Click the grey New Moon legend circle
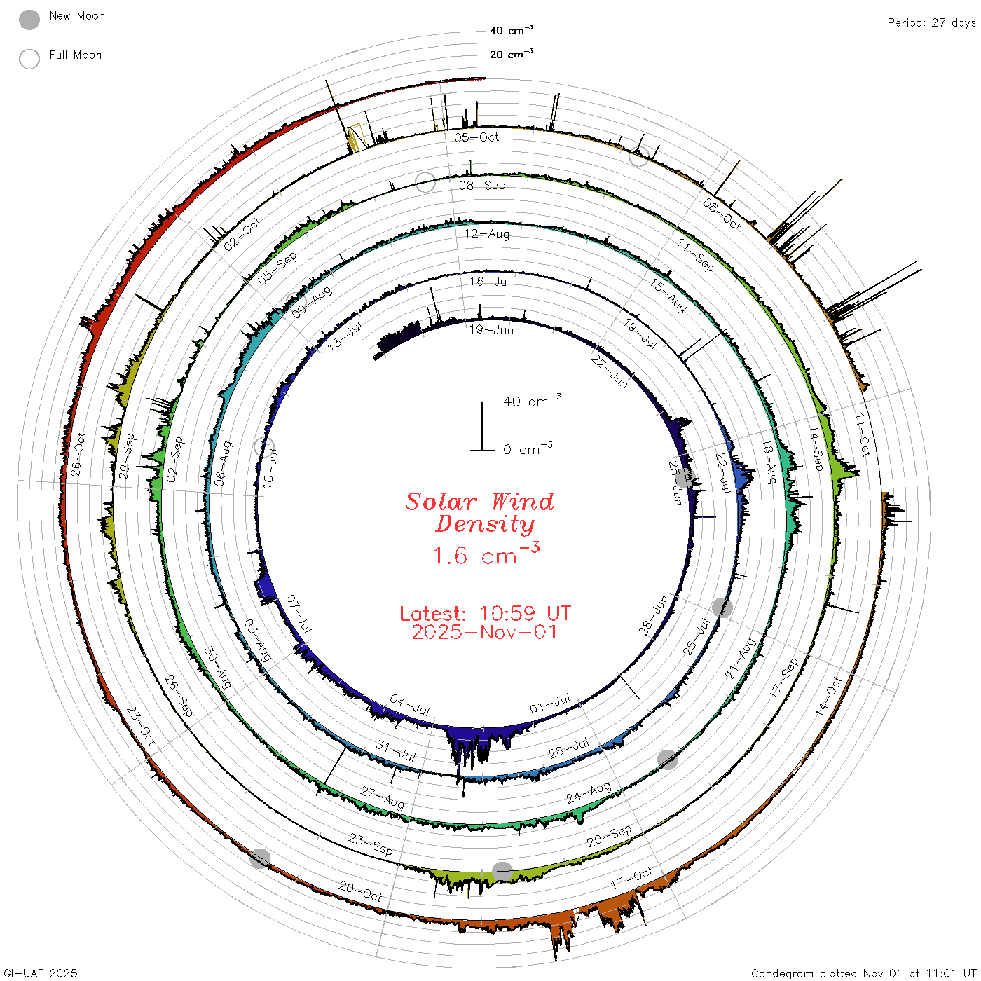[x=29, y=20]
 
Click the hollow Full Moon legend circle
[x=29, y=59]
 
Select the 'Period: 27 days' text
[x=931, y=23]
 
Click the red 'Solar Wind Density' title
[x=479, y=513]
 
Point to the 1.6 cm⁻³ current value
[x=486, y=554]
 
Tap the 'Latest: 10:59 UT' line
[x=485, y=613]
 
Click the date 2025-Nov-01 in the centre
[x=484, y=632]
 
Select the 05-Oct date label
[x=476, y=137]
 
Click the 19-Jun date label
[x=491, y=330]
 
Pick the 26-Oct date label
[x=78, y=454]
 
